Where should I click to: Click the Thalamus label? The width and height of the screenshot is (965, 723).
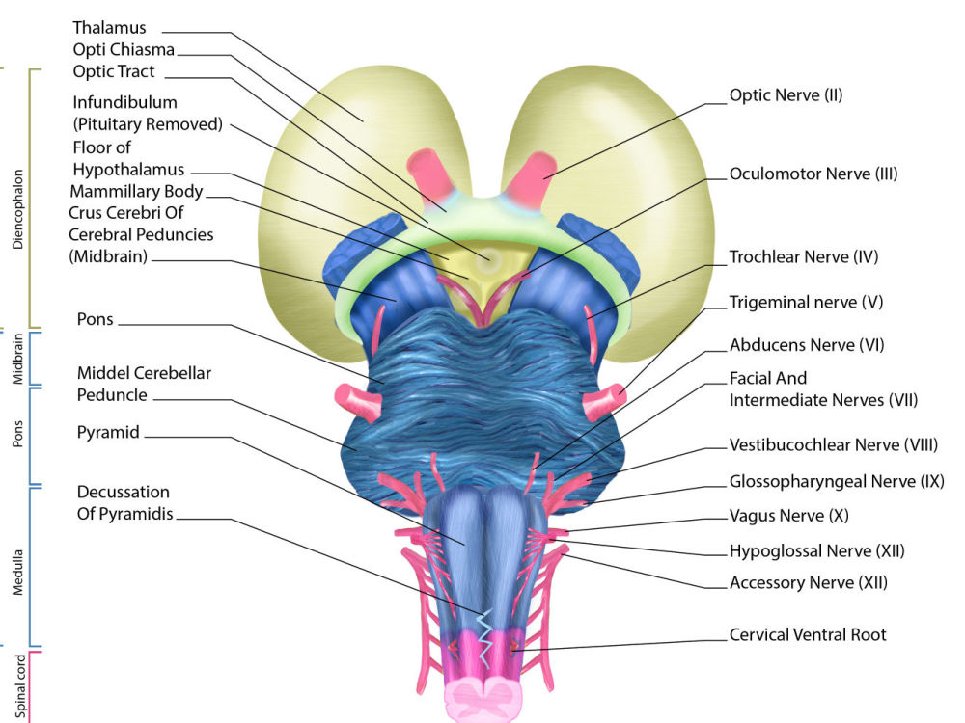(x=109, y=28)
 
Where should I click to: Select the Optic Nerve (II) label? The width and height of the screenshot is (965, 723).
(x=786, y=95)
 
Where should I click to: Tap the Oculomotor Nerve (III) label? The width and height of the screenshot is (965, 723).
(x=813, y=174)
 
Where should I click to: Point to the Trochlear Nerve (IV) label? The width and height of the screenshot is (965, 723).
(x=804, y=257)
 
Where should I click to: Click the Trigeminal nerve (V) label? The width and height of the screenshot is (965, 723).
(x=806, y=303)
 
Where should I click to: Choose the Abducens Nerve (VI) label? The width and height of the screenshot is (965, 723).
(x=807, y=345)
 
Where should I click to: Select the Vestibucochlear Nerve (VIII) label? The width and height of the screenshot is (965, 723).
(x=834, y=445)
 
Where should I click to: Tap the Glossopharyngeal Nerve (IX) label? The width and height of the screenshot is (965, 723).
(x=837, y=481)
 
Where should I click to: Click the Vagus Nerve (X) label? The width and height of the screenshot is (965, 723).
(x=789, y=516)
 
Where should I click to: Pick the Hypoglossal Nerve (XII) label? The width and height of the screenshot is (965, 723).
(x=817, y=550)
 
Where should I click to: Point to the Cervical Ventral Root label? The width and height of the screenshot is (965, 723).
(x=808, y=635)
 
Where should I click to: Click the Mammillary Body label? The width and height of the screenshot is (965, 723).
(x=136, y=192)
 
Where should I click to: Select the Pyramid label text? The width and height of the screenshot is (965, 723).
(x=108, y=433)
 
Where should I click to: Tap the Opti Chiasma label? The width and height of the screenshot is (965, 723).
(x=124, y=50)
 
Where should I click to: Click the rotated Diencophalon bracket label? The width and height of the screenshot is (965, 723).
(x=17, y=209)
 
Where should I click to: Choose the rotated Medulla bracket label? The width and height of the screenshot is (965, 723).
(x=17, y=573)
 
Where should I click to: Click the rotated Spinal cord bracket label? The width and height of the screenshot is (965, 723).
(x=20, y=686)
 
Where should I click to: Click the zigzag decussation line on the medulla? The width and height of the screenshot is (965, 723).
(x=485, y=639)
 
